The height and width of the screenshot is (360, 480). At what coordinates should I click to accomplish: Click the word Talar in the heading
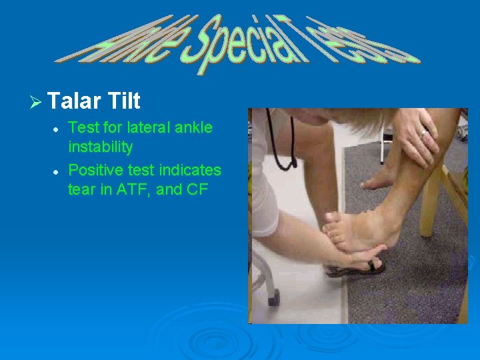click(73, 101)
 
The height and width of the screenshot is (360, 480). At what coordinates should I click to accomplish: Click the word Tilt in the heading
click(123, 101)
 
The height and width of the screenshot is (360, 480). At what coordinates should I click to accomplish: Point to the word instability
click(100, 147)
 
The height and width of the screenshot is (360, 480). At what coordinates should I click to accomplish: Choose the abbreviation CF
click(198, 189)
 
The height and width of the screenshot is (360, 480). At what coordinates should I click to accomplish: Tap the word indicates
click(189, 169)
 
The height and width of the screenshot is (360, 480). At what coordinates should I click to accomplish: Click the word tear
click(81, 189)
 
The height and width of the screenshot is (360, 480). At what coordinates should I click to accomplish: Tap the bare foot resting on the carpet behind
click(380, 179)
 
